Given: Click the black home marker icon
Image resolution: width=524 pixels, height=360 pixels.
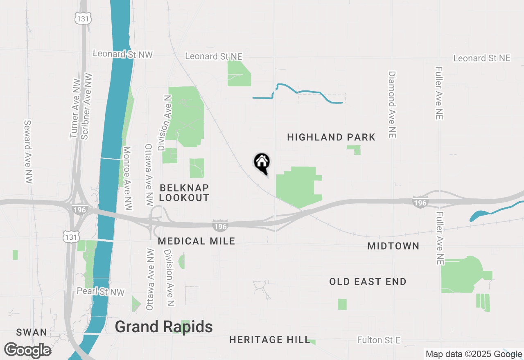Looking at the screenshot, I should pyautogui.click(x=262, y=162).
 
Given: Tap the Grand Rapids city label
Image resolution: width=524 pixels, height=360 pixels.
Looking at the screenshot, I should pyautogui.click(x=163, y=327).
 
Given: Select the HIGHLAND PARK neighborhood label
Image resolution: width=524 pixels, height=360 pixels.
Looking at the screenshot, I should pyautogui.click(x=331, y=137).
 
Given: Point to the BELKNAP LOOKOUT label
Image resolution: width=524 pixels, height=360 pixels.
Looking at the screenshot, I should pyautogui.click(x=184, y=193).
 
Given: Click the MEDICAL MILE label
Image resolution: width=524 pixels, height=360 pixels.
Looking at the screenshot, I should pyautogui.click(x=196, y=241).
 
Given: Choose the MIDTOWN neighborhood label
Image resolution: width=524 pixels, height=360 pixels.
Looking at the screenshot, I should pyautogui.click(x=393, y=246).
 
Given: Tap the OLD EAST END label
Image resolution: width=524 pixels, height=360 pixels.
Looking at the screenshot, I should pyautogui.click(x=368, y=281).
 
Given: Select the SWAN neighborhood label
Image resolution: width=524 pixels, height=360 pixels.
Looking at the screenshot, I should pyautogui.click(x=32, y=332).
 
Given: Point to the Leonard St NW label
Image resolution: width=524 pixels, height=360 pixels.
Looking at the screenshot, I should pyautogui.click(x=122, y=54).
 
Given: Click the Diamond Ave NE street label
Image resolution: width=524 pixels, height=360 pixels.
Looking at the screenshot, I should pyautogui.click(x=392, y=105).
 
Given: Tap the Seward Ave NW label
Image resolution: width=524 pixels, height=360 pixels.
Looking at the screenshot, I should pyautogui.click(x=28, y=151).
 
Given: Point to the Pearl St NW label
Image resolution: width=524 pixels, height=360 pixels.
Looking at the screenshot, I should pyautogui.click(x=100, y=291).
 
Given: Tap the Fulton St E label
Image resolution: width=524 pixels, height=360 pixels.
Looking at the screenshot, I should pyautogui.click(x=378, y=340).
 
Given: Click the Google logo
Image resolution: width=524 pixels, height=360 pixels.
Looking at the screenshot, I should pyautogui.click(x=27, y=351).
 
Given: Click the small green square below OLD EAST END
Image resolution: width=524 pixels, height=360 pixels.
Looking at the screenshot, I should pyautogui.click(x=342, y=304).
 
